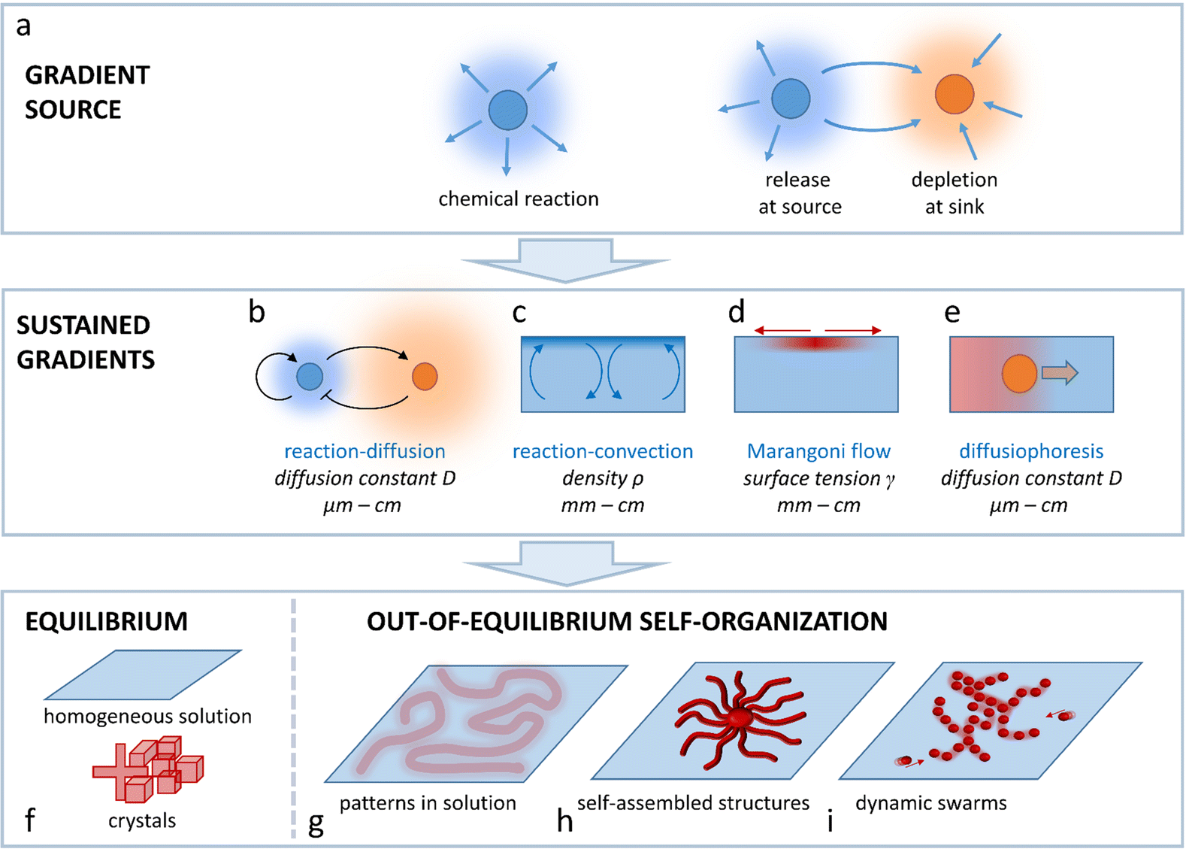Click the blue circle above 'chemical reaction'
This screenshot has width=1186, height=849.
pyautogui.click(x=507, y=110)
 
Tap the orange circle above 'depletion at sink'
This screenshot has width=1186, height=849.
pyautogui.click(x=955, y=94)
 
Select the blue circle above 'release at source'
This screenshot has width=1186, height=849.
pyautogui.click(x=791, y=99)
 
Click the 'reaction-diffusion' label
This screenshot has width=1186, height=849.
pyautogui.click(x=365, y=451)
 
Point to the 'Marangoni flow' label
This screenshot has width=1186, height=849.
pyautogui.click(x=818, y=451)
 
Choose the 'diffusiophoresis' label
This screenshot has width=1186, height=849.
pyautogui.click(x=1031, y=451)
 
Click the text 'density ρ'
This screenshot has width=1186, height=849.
pyautogui.click(x=603, y=478)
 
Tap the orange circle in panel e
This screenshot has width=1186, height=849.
pyautogui.click(x=1019, y=374)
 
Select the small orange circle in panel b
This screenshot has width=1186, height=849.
pyautogui.click(x=425, y=376)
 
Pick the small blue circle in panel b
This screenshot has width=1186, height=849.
pyautogui.click(x=310, y=376)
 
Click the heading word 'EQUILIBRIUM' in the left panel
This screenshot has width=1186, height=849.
pyautogui.click(x=107, y=622)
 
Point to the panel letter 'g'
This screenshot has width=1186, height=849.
pyautogui.click(x=316, y=823)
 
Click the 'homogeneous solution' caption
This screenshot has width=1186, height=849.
pyautogui.click(x=147, y=716)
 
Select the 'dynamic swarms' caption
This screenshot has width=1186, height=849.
pyautogui.click(x=930, y=803)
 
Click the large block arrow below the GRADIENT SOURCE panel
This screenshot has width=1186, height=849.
pyautogui.click(x=565, y=260)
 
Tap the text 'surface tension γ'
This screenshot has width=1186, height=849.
pyautogui.click(x=818, y=478)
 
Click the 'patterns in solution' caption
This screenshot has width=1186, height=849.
pyautogui.click(x=428, y=803)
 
